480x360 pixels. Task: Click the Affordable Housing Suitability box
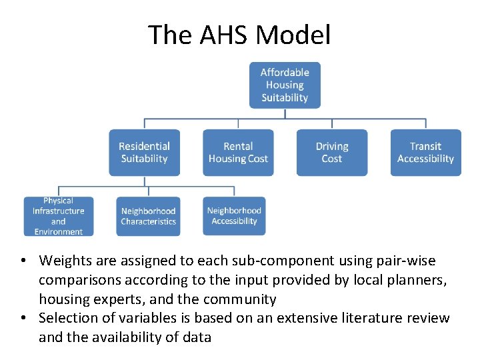click(x=285, y=85)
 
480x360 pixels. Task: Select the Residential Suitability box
click(x=145, y=153)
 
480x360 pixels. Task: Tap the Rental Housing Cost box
click(x=238, y=153)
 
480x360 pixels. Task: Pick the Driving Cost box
click(x=331, y=153)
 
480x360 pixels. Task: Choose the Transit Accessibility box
click(x=425, y=153)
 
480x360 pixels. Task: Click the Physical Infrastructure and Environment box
click(x=58, y=216)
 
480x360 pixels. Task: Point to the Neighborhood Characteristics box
click(x=148, y=216)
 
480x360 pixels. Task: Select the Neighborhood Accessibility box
click(x=234, y=216)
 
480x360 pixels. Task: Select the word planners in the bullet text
click(x=421, y=279)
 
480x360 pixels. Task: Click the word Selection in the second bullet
click(x=69, y=318)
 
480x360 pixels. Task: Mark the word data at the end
click(x=197, y=337)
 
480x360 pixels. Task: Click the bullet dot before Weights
click(x=23, y=261)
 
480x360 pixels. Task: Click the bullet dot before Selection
click(x=23, y=319)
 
